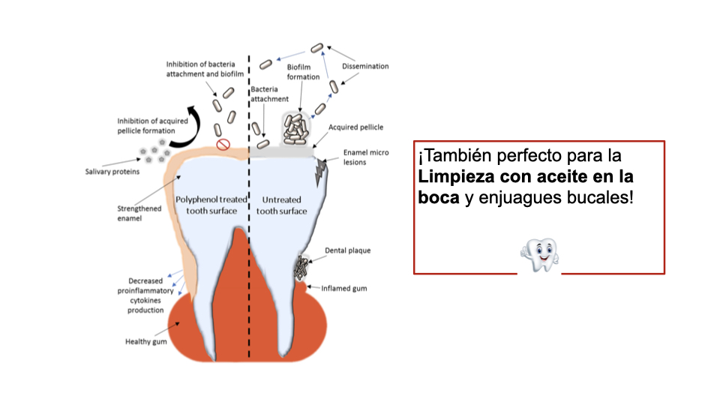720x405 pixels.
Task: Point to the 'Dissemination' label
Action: [x=365, y=66]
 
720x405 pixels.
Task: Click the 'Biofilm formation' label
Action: [x=304, y=72]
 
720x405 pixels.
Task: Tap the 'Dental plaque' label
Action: [x=347, y=250]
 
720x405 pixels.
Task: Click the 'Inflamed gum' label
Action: [x=344, y=288]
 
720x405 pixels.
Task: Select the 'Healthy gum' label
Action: [x=145, y=342]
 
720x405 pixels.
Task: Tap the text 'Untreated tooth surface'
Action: [x=282, y=205]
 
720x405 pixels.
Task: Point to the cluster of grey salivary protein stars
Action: [x=152, y=155]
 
